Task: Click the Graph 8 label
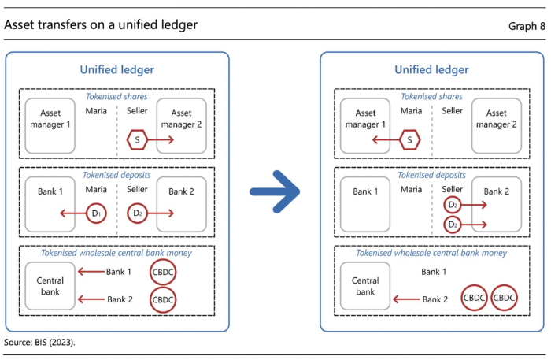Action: pos(527,26)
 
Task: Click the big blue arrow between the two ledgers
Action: pos(275,191)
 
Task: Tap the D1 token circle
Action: pos(96,213)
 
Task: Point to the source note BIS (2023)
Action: pos(39,342)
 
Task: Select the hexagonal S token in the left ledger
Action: pos(137,140)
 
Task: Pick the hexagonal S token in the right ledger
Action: pos(410,140)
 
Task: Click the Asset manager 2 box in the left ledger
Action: pos(181,126)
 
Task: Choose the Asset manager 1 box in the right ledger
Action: pos(365,126)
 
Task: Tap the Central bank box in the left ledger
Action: pos(50,286)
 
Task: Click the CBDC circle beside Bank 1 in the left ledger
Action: pos(163,272)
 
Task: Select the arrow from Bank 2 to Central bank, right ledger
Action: pos(406,299)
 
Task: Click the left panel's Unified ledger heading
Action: pos(117,69)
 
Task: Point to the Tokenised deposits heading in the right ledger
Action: pos(431,175)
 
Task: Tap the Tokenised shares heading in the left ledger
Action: pos(116,96)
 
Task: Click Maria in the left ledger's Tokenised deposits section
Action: pos(96,189)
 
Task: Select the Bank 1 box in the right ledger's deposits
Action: pos(365,204)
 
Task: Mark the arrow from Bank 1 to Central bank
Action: pos(91,272)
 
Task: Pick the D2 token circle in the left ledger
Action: pos(137,213)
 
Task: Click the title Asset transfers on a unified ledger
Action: pos(101,25)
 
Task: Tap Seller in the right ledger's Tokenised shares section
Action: pos(453,111)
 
